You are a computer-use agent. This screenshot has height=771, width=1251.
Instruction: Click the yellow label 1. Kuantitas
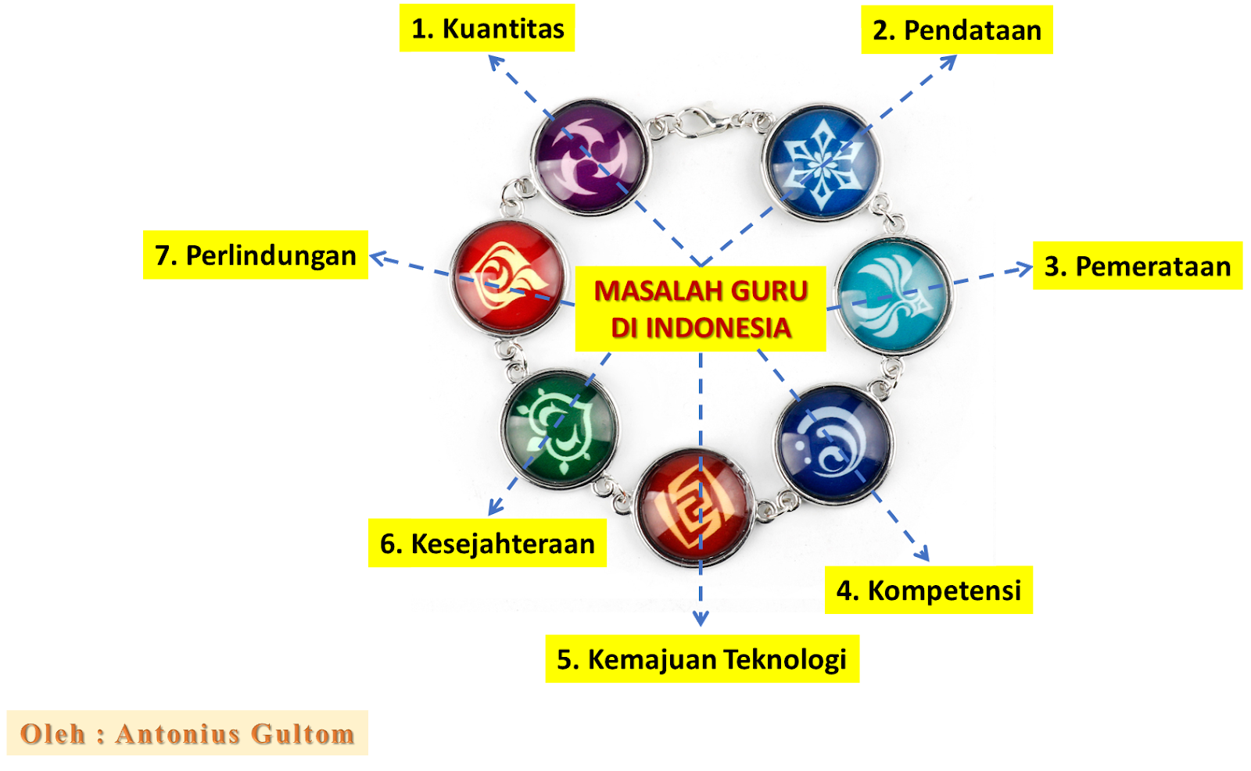(x=486, y=28)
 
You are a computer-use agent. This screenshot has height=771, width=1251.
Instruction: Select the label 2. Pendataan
(x=956, y=30)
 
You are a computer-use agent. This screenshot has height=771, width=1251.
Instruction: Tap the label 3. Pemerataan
(x=1137, y=266)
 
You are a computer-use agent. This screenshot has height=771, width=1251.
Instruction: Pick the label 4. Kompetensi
(x=928, y=590)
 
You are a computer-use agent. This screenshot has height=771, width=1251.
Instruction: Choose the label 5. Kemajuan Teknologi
(x=701, y=659)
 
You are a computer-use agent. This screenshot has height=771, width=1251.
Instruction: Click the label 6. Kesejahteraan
(x=486, y=543)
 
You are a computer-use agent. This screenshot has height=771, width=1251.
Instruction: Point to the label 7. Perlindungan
(x=256, y=255)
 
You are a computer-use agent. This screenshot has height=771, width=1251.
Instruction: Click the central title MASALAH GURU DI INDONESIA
(x=701, y=309)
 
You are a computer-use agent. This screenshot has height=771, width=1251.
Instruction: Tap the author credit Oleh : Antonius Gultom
(x=187, y=734)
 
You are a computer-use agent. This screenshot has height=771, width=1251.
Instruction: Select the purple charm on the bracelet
(x=590, y=156)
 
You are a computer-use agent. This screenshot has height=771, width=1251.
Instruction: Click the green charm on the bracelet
(x=559, y=428)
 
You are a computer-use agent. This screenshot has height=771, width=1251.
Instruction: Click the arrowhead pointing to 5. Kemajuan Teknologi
(x=701, y=619)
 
